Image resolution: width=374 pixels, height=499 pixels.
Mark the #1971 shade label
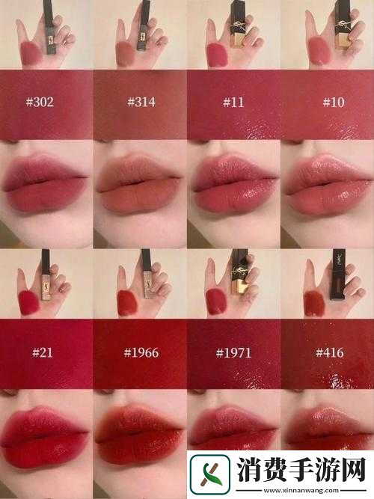(233, 352)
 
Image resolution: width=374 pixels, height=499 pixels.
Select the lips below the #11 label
(233, 187)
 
